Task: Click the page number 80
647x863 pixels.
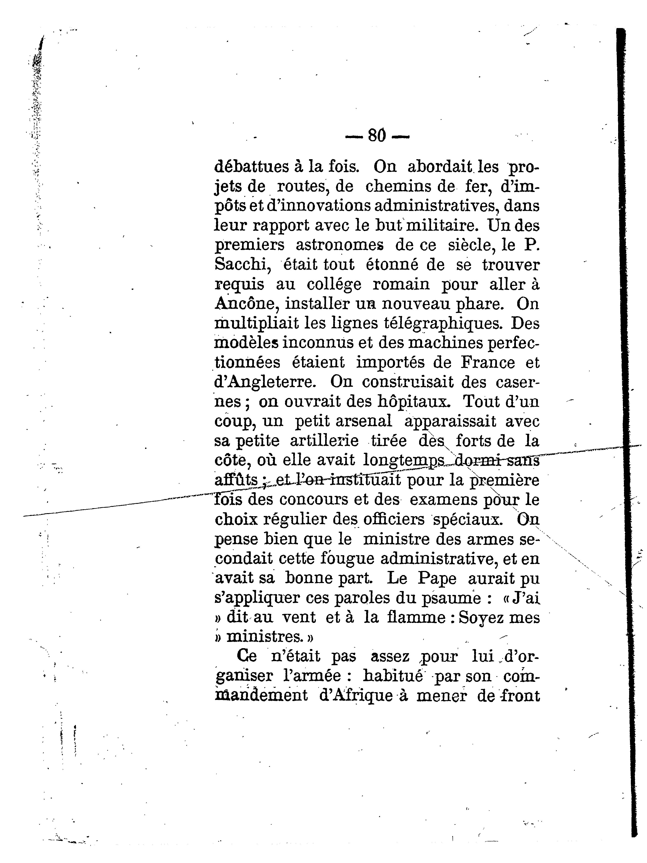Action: (377, 136)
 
